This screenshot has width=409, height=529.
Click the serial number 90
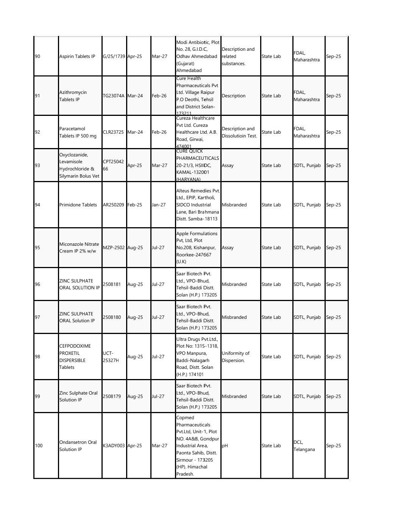(37, 56)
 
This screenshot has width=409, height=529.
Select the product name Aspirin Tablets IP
(77, 56)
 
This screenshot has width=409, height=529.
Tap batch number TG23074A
(114, 96)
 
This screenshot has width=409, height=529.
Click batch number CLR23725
(113, 132)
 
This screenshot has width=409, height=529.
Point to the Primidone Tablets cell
(78, 205)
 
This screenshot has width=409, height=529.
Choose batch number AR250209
(114, 205)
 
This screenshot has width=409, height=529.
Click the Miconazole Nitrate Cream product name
(79, 248)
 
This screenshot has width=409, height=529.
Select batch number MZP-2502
(114, 248)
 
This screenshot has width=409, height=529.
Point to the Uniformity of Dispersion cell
(236, 357)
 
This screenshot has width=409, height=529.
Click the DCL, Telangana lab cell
(304, 446)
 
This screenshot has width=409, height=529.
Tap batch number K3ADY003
(114, 446)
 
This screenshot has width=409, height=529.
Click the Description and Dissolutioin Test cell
(239, 132)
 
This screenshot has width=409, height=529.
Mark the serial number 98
(37, 357)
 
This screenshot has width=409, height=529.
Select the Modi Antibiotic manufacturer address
(198, 56)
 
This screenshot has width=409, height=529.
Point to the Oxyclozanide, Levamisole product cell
(79, 165)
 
